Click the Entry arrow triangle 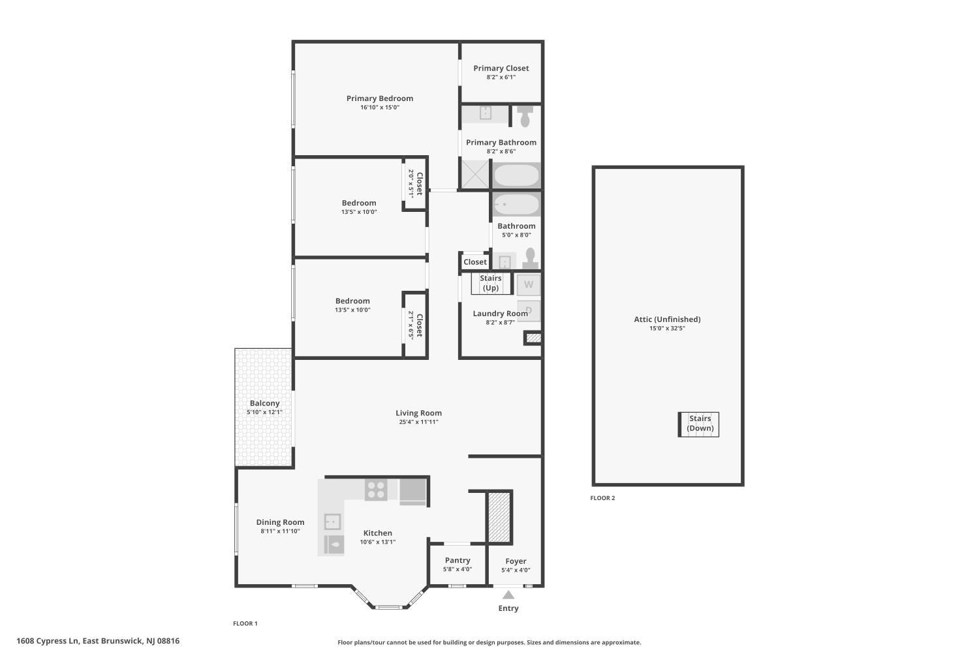[x=508, y=595]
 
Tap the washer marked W [x=529, y=285]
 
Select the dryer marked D [x=529, y=311]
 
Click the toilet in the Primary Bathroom [x=525, y=115]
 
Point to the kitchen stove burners [x=376, y=490]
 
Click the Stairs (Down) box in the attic [x=698, y=424]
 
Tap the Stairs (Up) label [x=490, y=283]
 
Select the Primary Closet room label [x=501, y=68]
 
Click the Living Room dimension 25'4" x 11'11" [x=418, y=422]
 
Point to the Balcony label [x=264, y=403]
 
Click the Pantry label [x=458, y=560]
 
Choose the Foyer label [x=516, y=561]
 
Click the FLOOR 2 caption [x=602, y=498]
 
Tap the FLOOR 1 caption [x=245, y=623]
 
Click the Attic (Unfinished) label [x=667, y=319]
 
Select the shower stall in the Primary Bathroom [x=475, y=174]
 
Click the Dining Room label [x=280, y=522]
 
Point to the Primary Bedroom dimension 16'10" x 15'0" [x=380, y=108]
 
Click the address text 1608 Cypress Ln [x=48, y=641]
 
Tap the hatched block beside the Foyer [x=499, y=518]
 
